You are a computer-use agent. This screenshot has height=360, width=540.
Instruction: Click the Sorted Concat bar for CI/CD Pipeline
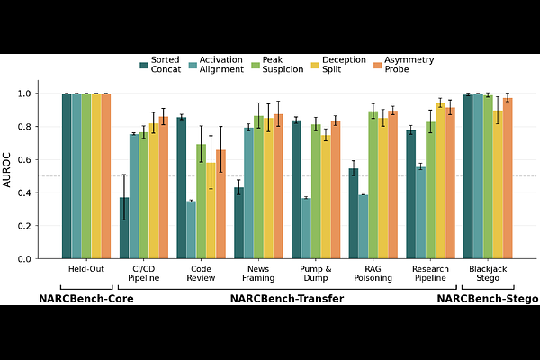coord(124,229)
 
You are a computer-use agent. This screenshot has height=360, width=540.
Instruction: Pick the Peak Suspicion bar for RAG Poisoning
coord(373,185)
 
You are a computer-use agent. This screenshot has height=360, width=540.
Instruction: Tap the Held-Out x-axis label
coord(86,269)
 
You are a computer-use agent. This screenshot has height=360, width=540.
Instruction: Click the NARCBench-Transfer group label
coord(286,299)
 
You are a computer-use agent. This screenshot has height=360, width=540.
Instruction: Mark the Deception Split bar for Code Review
coord(211,211)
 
